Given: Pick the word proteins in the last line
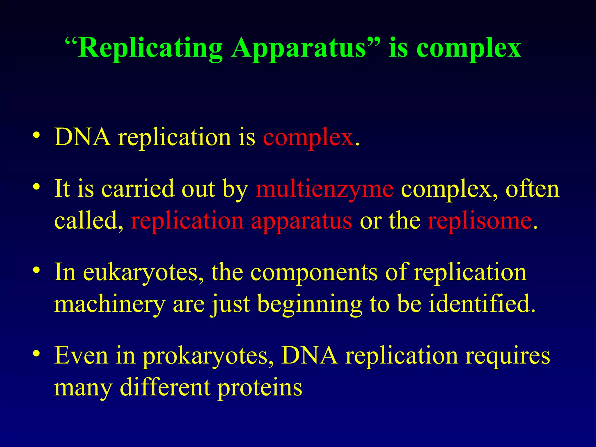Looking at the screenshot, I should pyautogui.click(x=260, y=388).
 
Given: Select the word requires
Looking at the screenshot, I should pyautogui.click(x=507, y=356).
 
